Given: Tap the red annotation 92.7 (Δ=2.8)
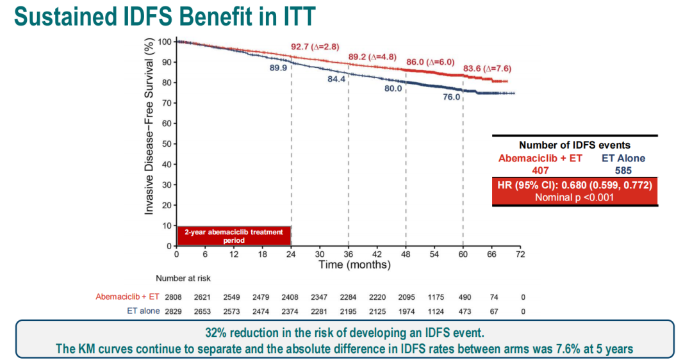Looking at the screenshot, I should coord(315,47).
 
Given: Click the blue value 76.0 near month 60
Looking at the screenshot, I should coord(451,97).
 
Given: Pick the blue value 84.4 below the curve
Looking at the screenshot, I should coord(336,79).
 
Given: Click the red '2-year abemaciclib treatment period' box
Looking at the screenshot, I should coord(234,236).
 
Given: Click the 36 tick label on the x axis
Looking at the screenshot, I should coord(348,254).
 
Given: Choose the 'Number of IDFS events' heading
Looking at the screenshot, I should coord(575,145).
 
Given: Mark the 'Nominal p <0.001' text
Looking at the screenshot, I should coord(575,197).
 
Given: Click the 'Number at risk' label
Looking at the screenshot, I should coord(183,278).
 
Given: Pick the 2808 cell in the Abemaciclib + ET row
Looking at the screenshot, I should coord(174,297).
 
